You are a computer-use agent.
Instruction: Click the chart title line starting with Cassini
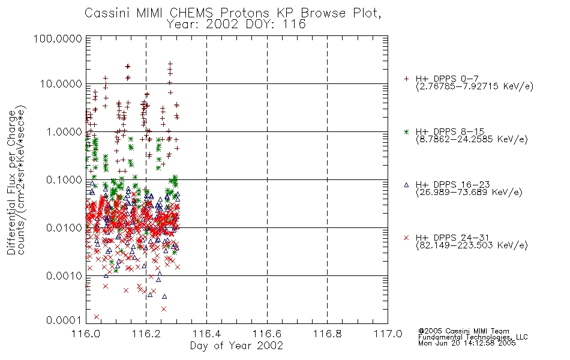(x=233, y=13)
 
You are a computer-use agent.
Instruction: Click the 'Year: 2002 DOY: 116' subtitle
(x=236, y=25)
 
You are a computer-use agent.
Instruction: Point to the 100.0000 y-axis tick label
(x=58, y=38)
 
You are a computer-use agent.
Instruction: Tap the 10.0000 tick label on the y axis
(x=61, y=84)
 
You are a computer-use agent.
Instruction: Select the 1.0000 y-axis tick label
(x=64, y=131)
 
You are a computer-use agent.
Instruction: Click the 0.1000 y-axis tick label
(x=64, y=179)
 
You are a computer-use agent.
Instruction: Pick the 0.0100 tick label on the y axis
(x=64, y=228)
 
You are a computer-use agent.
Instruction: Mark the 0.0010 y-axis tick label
(x=64, y=276)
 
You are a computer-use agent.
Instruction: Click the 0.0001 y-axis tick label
(x=64, y=320)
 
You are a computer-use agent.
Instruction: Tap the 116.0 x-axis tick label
(x=86, y=334)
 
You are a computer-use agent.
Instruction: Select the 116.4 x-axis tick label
(x=206, y=334)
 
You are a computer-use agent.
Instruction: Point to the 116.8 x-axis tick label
(x=327, y=334)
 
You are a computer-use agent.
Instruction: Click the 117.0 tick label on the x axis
(x=388, y=334)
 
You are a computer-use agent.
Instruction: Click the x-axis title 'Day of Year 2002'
(x=236, y=346)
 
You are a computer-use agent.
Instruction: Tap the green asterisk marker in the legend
(x=406, y=131)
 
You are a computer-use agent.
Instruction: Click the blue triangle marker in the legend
(x=406, y=185)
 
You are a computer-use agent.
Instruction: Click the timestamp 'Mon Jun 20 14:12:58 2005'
(x=467, y=343)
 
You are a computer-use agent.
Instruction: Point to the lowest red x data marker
(x=97, y=317)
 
